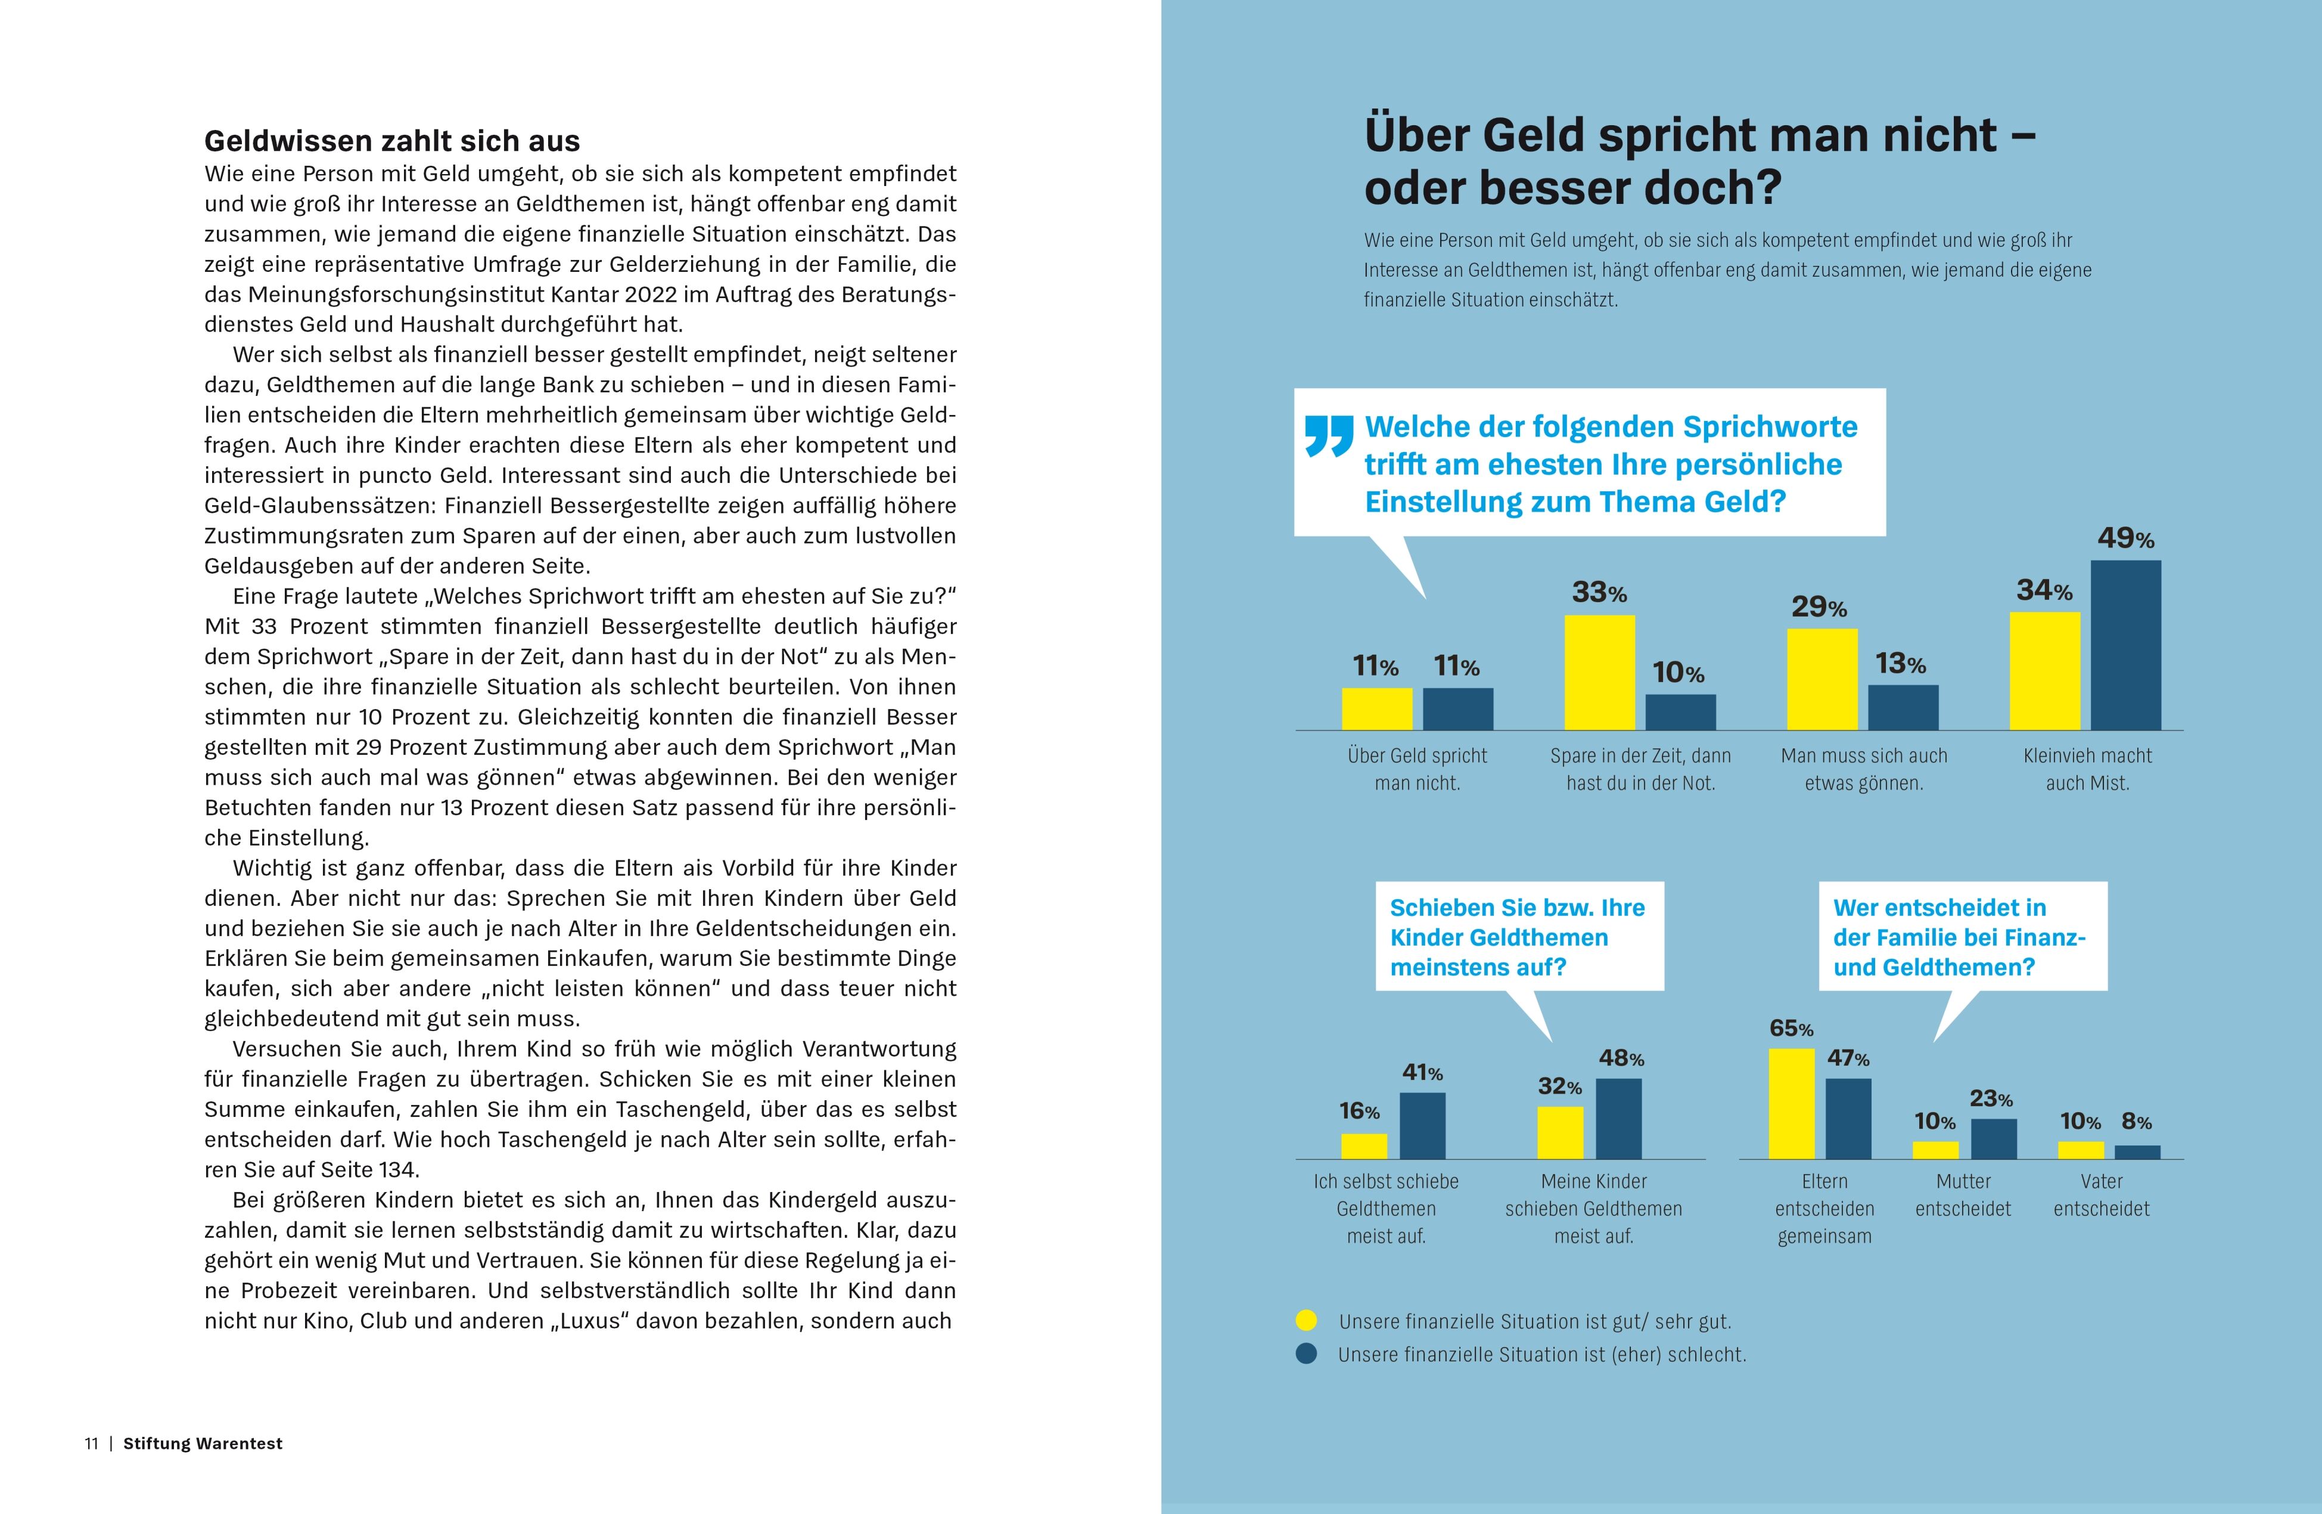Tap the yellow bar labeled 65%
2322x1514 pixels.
pyautogui.click(x=1791, y=1103)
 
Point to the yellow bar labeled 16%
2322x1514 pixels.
pyautogui.click(x=1364, y=1146)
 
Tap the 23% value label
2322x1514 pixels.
pyautogui.click(x=1990, y=1099)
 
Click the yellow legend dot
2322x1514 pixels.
pyautogui.click(x=1306, y=1321)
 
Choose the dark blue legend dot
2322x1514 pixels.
pyautogui.click(x=1306, y=1354)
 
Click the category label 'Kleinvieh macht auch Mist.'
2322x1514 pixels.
pyautogui.click(x=2087, y=769)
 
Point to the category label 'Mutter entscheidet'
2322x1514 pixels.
pyautogui.click(x=1963, y=1195)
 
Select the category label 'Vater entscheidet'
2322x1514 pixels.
pyautogui.click(x=2102, y=1195)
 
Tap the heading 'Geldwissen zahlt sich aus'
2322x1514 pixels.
pyautogui.click(x=392, y=141)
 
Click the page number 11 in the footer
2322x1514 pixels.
pyautogui.click(x=92, y=1444)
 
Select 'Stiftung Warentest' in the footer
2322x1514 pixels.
pyautogui.click(x=203, y=1444)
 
